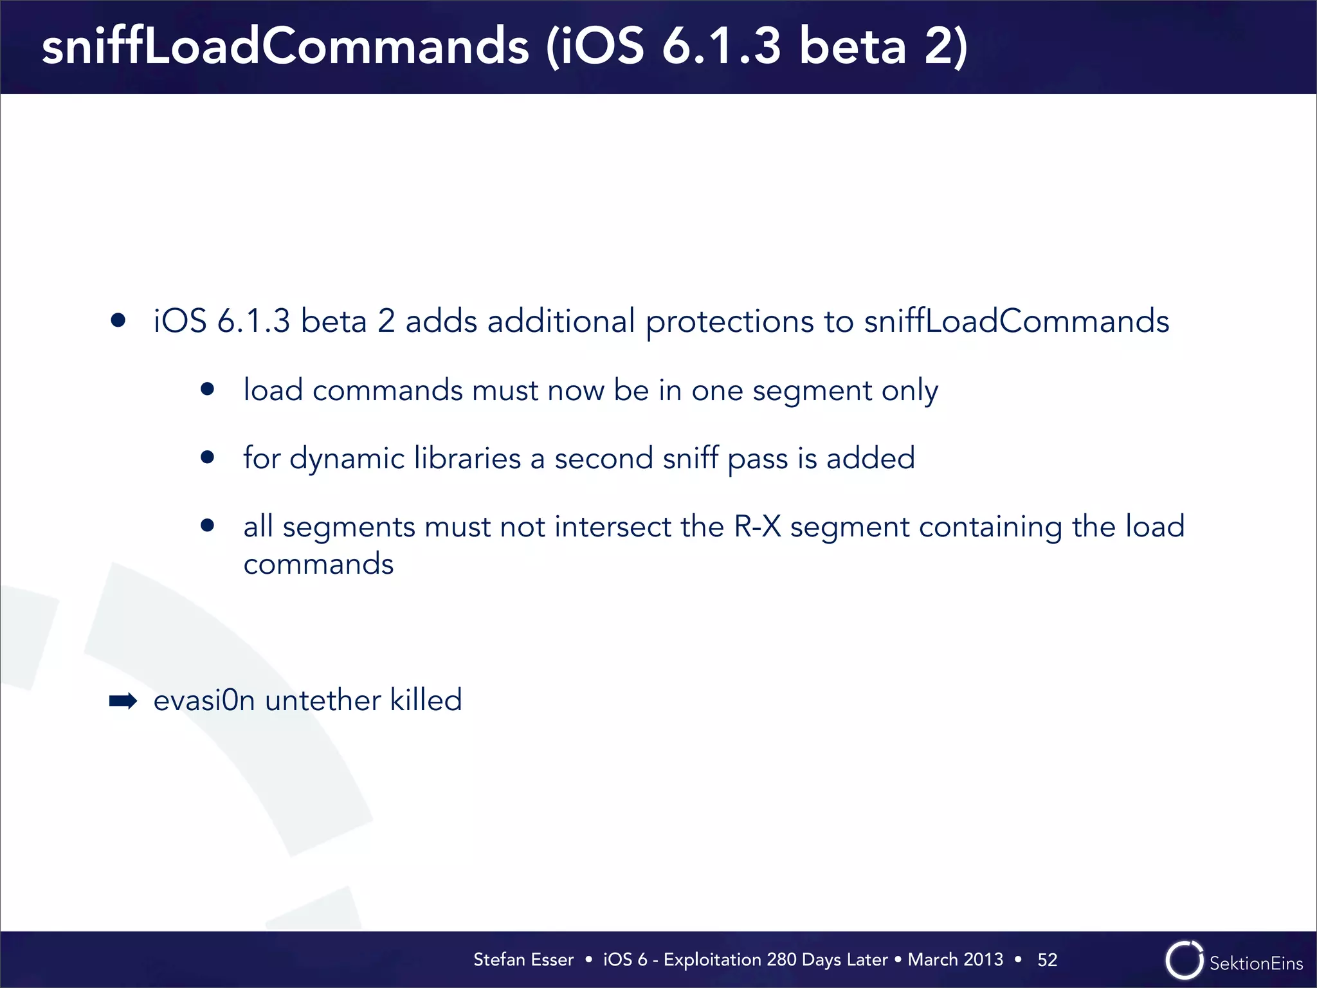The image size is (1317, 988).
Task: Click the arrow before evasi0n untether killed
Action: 123,700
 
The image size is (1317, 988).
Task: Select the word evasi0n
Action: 204,700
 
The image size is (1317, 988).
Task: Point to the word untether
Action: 322,700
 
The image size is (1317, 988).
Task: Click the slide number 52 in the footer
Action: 1047,960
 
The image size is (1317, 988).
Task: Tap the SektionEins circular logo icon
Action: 1183,960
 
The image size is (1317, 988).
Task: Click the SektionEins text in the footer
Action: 1256,963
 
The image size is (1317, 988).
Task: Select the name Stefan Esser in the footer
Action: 523,960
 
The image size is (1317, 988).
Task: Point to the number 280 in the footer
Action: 781,960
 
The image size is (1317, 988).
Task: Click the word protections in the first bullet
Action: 729,322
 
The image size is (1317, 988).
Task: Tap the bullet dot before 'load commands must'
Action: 207,389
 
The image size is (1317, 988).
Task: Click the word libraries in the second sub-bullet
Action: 467,459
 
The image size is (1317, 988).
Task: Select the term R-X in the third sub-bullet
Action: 757,527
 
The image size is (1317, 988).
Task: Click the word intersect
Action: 613,527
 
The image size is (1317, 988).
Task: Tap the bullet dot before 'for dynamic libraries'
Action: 207,457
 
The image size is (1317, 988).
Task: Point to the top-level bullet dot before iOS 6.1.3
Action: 118,320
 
